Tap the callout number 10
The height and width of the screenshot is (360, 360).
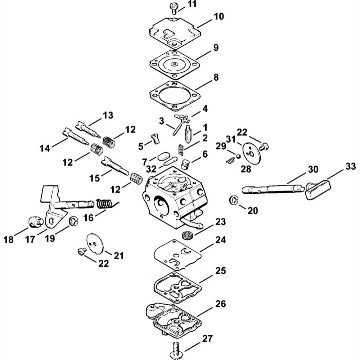[x=219, y=16]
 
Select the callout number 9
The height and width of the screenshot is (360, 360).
[x=215, y=48]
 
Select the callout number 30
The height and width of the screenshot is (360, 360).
[x=313, y=169]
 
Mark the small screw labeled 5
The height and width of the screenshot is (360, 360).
[x=156, y=138]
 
